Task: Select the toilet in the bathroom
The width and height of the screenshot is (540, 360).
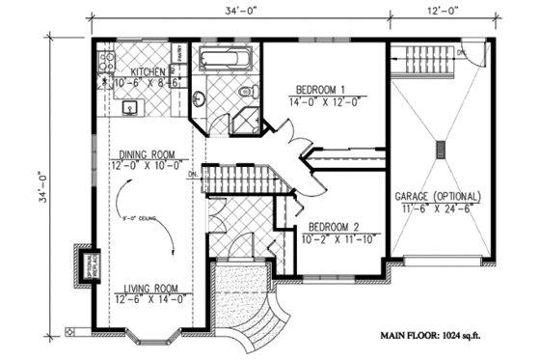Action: [245, 93]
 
